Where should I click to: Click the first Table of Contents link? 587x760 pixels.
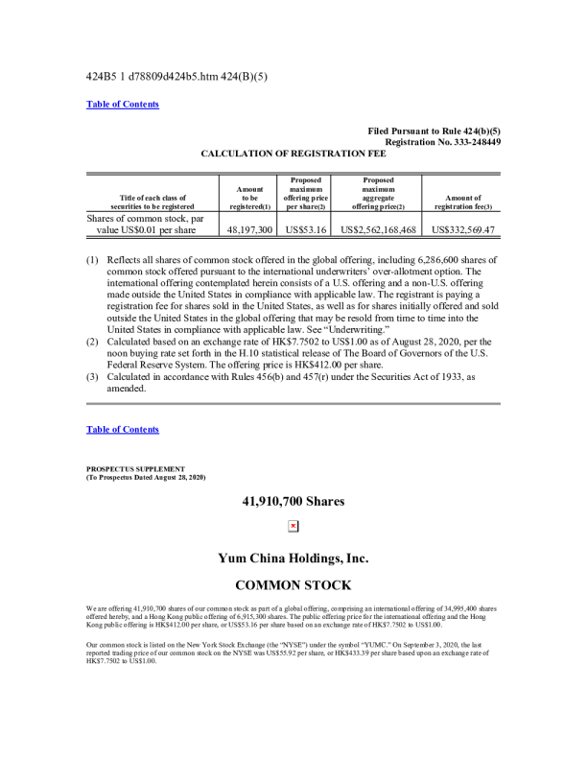coord(123,104)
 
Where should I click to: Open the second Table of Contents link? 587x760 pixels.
coord(123,429)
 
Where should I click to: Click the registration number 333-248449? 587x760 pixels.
coord(467,141)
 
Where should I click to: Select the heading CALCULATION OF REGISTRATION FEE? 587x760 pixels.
coord(293,153)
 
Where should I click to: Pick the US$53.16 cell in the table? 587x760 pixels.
coord(305,229)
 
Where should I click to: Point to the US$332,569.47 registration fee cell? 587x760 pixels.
coord(464,229)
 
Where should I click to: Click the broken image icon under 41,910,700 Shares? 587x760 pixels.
coord(293,525)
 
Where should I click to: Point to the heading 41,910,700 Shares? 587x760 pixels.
coord(293,500)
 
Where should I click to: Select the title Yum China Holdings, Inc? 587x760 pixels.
coord(293,558)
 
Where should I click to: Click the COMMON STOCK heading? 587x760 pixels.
coord(293,584)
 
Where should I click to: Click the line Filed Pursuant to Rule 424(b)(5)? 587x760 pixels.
coord(434,131)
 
